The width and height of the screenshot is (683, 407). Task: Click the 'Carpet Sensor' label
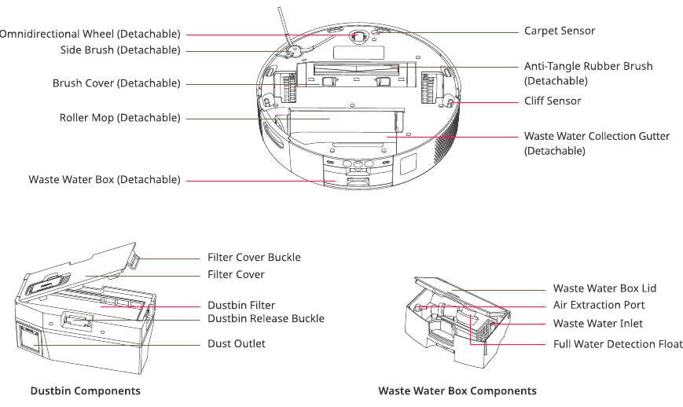(x=560, y=31)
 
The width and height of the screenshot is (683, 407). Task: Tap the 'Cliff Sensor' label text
(x=553, y=101)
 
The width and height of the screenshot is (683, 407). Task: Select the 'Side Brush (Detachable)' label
(x=120, y=50)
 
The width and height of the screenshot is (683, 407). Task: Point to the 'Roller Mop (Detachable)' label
(x=119, y=118)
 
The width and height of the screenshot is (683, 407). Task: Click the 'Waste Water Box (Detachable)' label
(x=105, y=179)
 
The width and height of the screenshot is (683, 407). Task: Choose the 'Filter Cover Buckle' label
(x=254, y=257)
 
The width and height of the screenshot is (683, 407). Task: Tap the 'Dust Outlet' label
(x=236, y=343)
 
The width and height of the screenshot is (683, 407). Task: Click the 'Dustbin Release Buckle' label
(x=266, y=318)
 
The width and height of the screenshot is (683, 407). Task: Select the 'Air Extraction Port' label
(x=599, y=305)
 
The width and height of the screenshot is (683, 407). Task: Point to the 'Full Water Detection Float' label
(x=618, y=344)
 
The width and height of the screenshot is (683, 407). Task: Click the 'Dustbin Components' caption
(x=86, y=391)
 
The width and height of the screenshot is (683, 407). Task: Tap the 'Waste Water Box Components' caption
(x=457, y=391)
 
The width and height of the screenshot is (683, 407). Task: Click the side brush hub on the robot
(x=292, y=51)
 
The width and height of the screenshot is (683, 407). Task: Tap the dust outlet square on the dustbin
(x=31, y=339)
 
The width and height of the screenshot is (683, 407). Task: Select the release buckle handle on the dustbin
(x=79, y=321)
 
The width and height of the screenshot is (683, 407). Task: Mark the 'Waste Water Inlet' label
(x=597, y=324)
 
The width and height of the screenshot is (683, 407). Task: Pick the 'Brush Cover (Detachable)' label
(x=116, y=83)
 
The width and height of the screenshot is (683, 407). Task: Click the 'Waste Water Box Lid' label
(x=604, y=288)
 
